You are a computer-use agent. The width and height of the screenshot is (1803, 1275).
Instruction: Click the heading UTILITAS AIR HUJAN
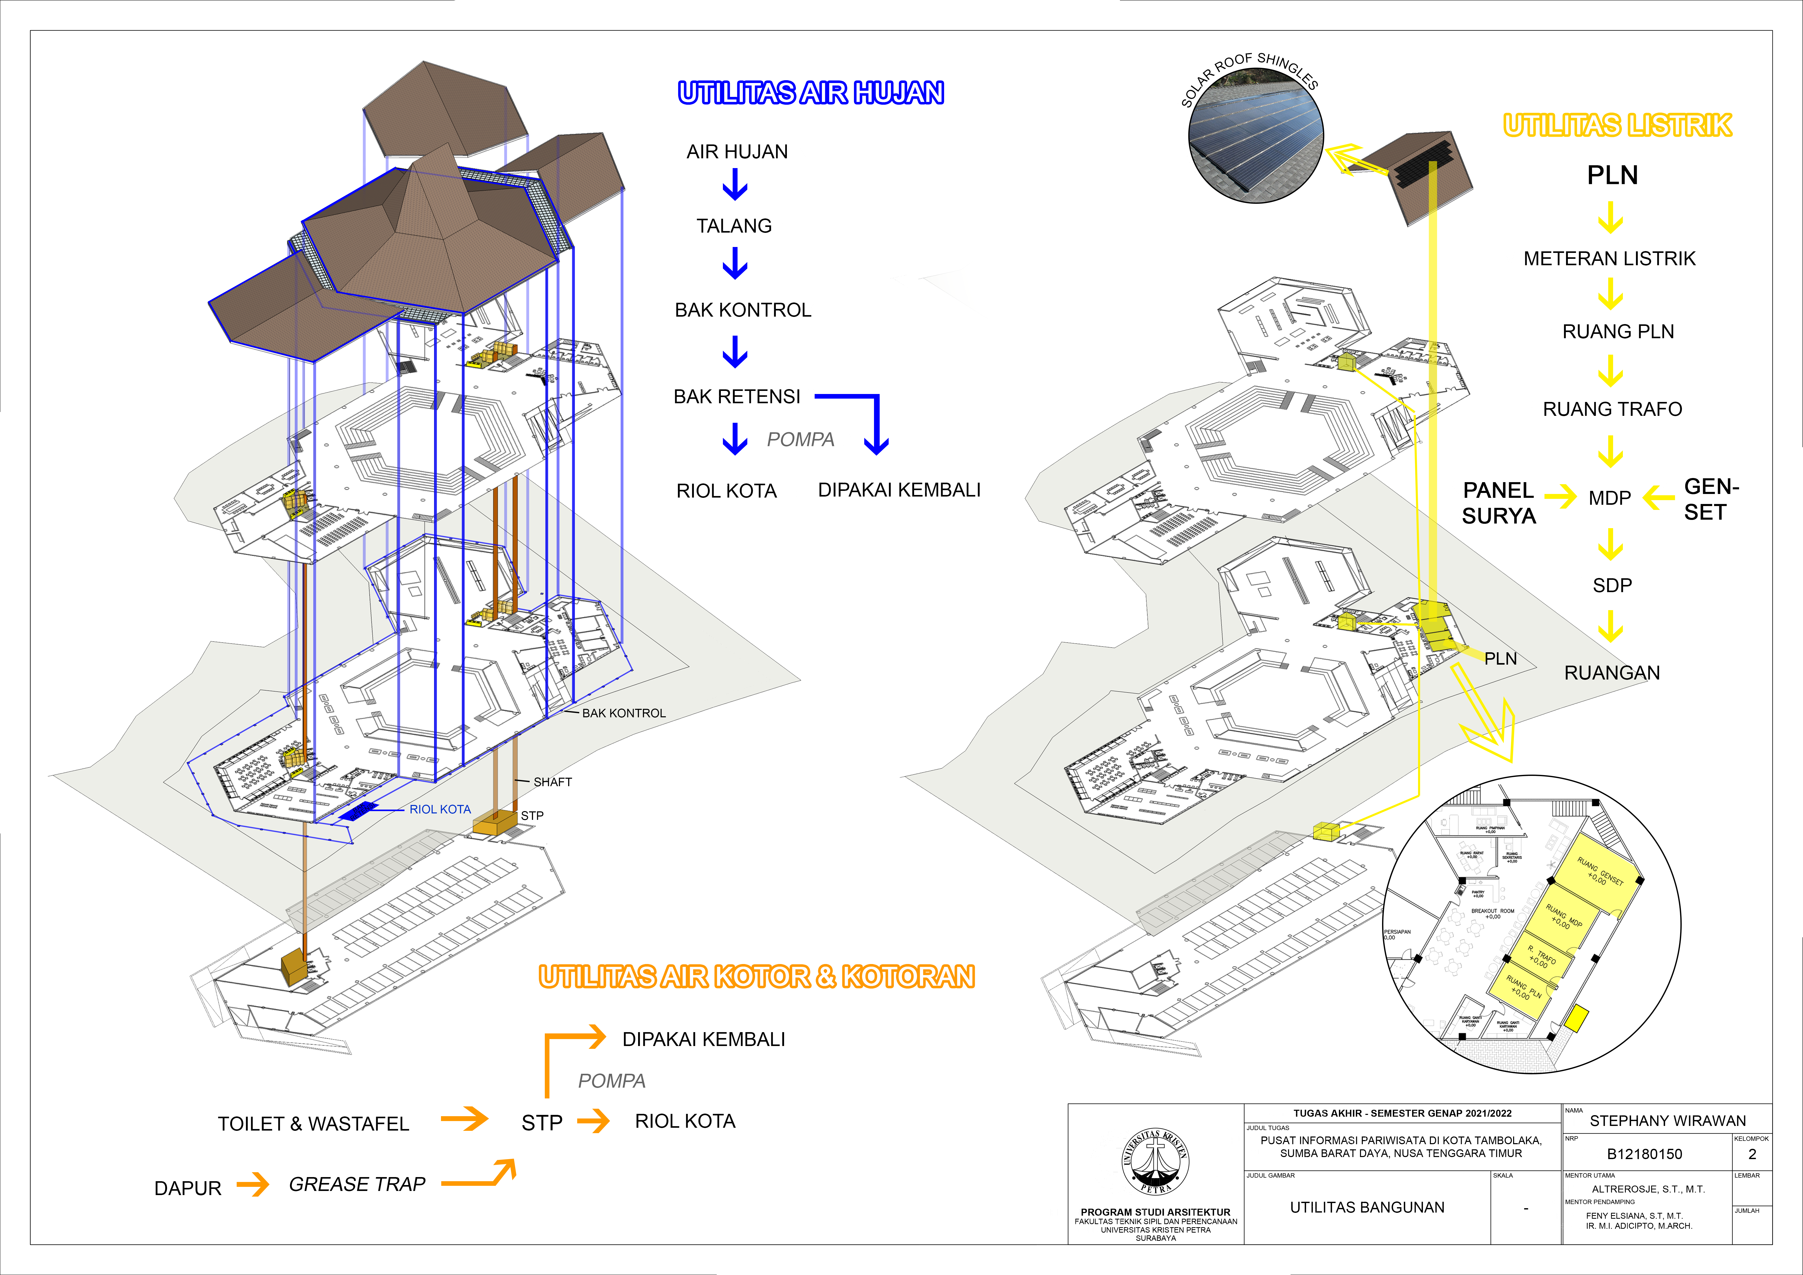point(811,94)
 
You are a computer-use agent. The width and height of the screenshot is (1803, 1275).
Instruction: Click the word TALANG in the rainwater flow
point(733,226)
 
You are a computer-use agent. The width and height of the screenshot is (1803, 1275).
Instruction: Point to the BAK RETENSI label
point(737,397)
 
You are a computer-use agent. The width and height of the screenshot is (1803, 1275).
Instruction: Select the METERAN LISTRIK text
point(1609,259)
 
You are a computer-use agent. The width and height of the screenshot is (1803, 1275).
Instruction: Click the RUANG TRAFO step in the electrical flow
point(1612,409)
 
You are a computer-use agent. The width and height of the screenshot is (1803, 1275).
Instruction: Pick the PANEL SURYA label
point(1498,503)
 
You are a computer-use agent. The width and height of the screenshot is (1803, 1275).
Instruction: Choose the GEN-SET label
point(1711,500)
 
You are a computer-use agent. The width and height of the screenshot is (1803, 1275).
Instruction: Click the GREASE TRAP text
point(357,1184)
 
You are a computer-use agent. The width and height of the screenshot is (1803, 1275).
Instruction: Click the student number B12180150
point(1644,1154)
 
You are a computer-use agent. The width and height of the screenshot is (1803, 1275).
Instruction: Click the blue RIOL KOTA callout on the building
point(440,809)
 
